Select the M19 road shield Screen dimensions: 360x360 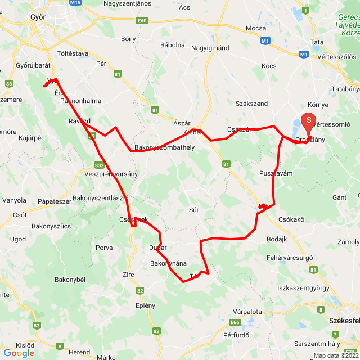[75, 3]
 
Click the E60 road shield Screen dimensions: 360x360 [141, 21]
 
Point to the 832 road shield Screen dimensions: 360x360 [99, 165]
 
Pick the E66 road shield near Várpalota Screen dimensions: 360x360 [235, 323]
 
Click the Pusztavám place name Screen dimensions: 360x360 [276, 174]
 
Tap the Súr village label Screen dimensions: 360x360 [194, 210]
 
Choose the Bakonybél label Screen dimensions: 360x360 [69, 280]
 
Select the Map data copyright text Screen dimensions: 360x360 [335, 355]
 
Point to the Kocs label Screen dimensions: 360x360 [269, 66]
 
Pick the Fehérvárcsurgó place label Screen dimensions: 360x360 [290, 257]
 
